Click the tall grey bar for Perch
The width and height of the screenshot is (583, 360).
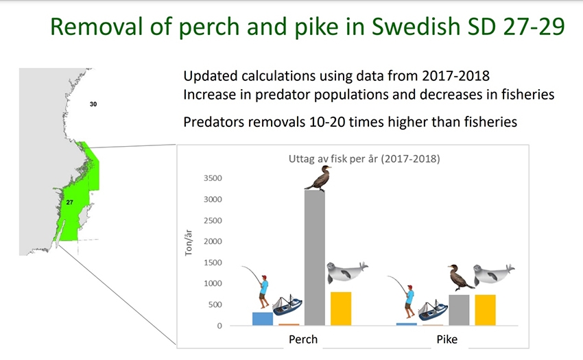click(315, 258)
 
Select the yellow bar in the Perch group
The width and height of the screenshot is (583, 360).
click(341, 309)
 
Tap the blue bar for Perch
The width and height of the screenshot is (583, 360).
click(263, 319)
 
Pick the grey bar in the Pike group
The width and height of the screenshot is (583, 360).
click(459, 310)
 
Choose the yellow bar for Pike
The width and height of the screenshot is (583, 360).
click(485, 310)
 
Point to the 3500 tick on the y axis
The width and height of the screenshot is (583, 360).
click(213, 178)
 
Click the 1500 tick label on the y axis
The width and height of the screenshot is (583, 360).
click(213, 263)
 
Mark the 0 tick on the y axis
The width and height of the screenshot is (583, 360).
click(219, 326)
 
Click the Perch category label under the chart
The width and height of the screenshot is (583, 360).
click(303, 339)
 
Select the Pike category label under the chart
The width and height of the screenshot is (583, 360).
click(447, 339)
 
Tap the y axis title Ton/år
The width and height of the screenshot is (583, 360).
click(189, 243)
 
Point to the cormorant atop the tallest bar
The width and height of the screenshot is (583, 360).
click(318, 179)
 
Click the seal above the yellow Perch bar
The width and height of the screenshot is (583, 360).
click(347, 273)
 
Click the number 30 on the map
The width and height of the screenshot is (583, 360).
click(93, 104)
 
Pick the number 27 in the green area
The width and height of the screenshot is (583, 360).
click(69, 202)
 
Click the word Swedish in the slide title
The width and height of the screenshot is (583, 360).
click(416, 27)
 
